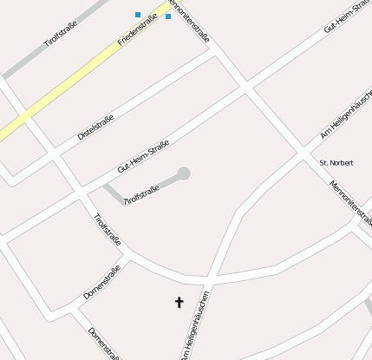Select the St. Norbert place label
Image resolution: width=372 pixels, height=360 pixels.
[x=336, y=162]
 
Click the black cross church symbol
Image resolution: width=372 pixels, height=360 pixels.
[x=179, y=302]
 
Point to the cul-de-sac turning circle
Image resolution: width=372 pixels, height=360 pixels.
[x=183, y=173]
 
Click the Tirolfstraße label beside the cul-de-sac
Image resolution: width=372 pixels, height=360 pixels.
[x=142, y=194]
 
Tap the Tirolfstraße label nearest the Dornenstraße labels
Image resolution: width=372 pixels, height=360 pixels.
[x=108, y=230]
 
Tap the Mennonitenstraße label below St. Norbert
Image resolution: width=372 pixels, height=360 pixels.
[x=349, y=204]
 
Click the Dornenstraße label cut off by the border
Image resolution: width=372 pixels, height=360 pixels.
[x=102, y=344]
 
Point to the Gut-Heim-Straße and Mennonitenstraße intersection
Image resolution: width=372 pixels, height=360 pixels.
[x=246, y=88]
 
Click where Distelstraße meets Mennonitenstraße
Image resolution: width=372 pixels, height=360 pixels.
[x=213, y=48]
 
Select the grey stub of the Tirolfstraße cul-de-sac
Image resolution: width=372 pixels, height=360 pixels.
[x=113, y=193]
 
